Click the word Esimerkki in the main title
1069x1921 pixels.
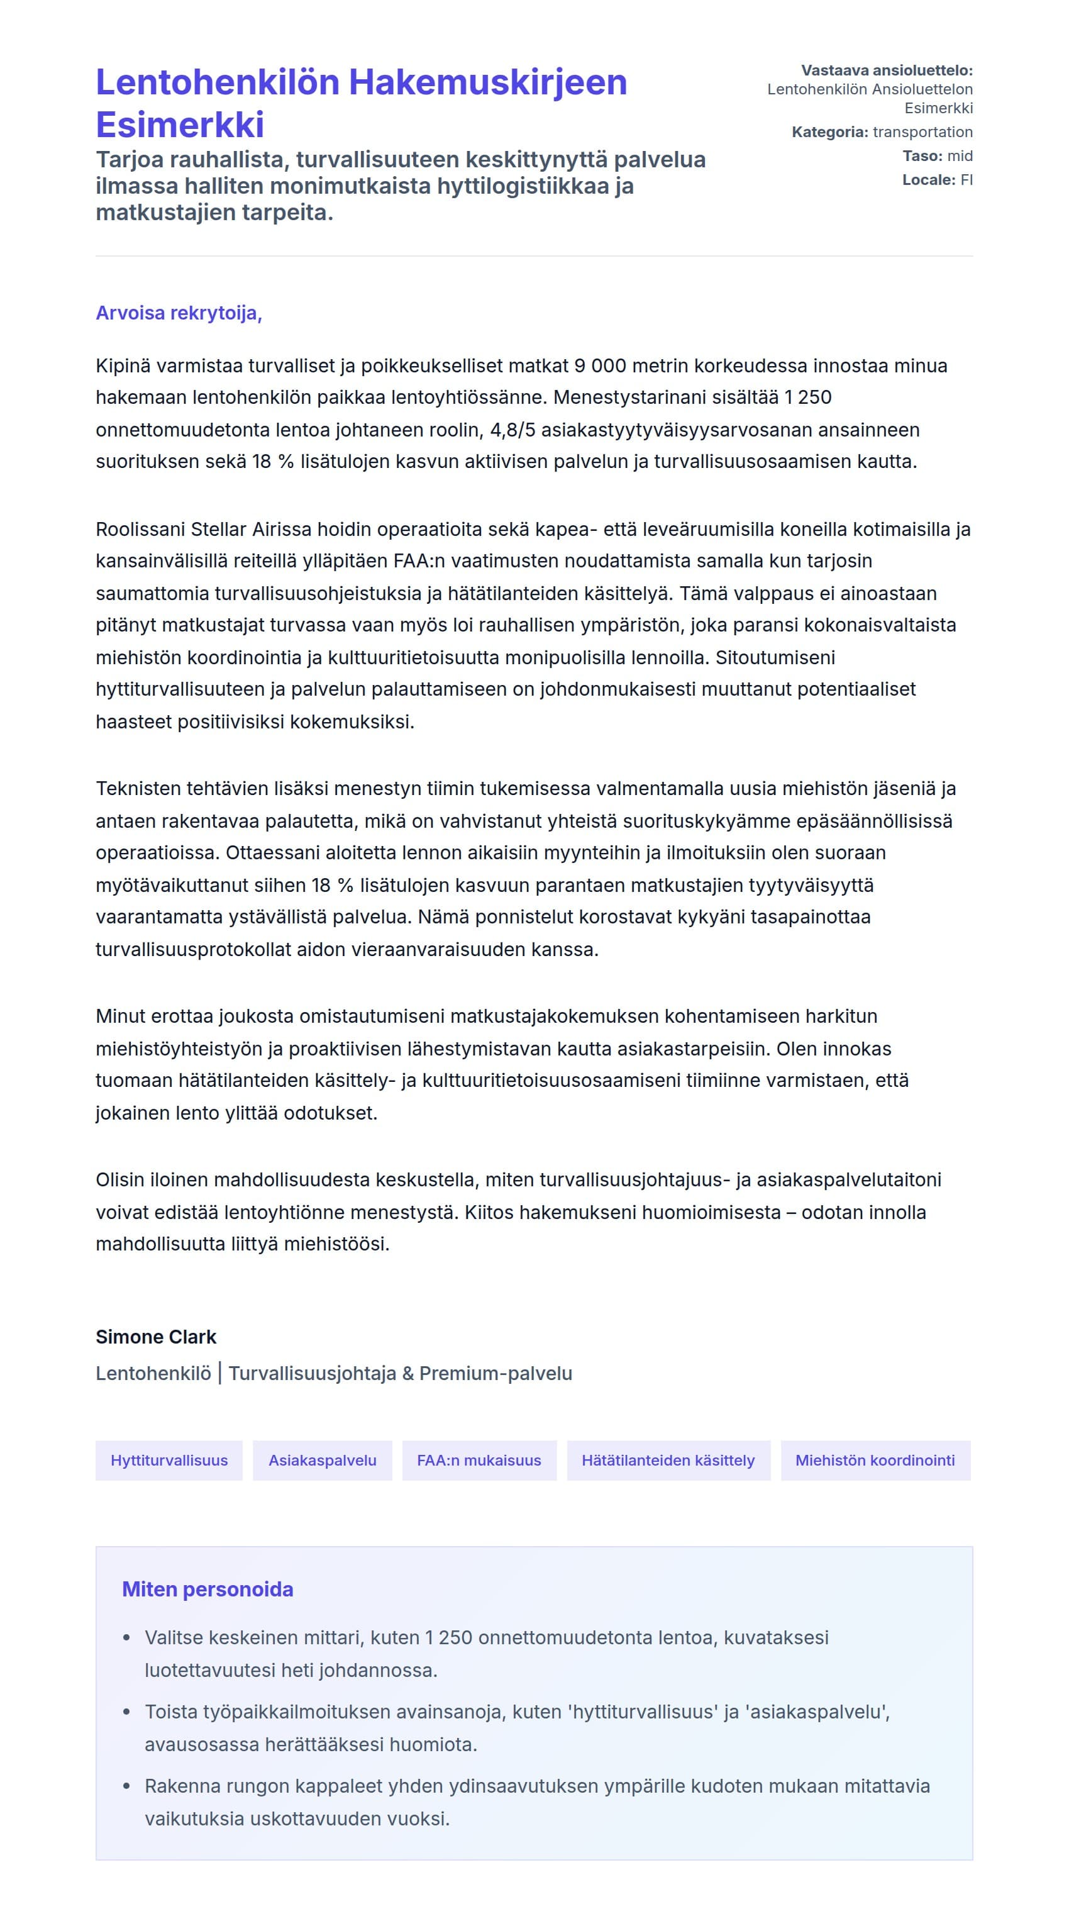[180, 125]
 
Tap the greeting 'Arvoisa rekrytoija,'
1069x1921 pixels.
[179, 313]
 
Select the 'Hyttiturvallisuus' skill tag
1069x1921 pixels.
[169, 1460]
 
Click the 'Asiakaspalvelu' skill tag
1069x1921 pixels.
[322, 1460]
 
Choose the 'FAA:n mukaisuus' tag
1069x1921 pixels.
[479, 1460]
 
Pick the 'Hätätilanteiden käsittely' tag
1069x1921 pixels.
[668, 1460]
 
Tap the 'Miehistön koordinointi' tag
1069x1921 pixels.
[875, 1460]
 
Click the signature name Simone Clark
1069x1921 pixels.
[156, 1337]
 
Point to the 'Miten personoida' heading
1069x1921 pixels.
[208, 1589]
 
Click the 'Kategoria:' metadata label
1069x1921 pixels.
[829, 132]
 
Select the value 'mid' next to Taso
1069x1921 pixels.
[960, 156]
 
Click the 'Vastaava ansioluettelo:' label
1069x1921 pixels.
[887, 71]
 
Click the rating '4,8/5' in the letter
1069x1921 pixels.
[513, 430]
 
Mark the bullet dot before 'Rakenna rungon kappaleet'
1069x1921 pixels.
[127, 1786]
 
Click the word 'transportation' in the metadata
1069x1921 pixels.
[922, 132]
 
